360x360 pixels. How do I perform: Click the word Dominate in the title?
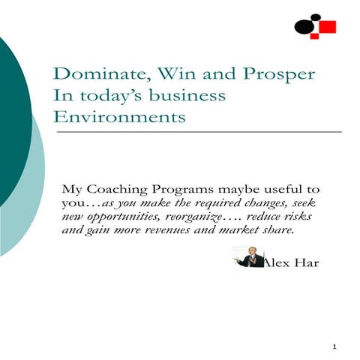pyautogui.click(x=89, y=76)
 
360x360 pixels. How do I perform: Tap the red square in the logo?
pyautogui.click(x=327, y=28)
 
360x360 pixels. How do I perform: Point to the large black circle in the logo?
pyautogui.click(x=303, y=28)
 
